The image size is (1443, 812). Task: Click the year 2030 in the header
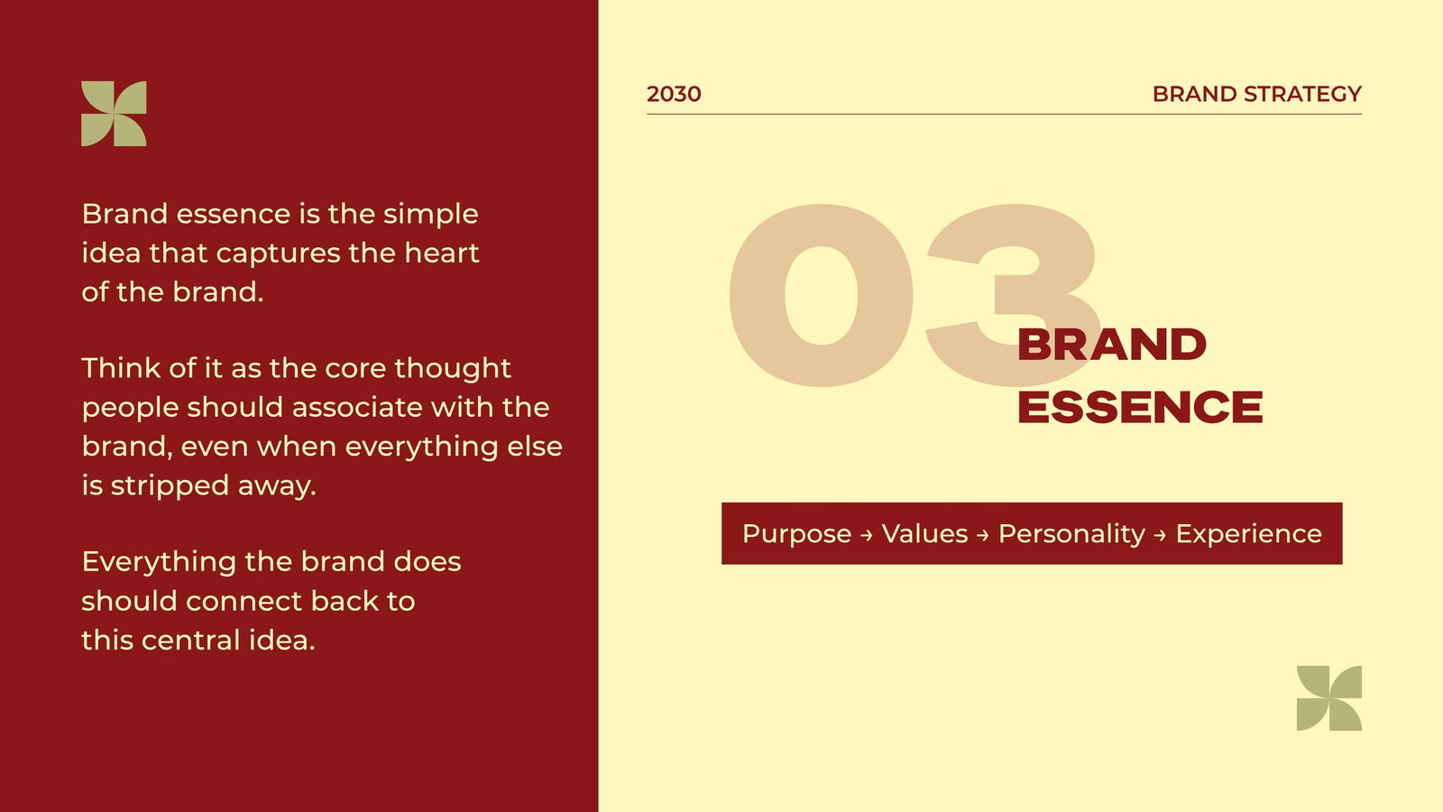click(673, 94)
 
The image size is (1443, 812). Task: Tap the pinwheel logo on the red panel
click(114, 114)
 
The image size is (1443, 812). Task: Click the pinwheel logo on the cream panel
click(1329, 698)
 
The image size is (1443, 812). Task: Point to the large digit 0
click(821, 295)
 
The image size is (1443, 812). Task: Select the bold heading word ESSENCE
click(1140, 407)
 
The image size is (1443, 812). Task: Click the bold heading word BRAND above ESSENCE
click(1111, 345)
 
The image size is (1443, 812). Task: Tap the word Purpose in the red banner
click(797, 534)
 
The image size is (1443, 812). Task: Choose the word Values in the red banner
click(924, 533)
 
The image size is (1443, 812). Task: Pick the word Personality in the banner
click(1071, 534)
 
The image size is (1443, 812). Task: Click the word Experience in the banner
click(1248, 534)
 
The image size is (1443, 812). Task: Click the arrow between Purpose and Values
click(867, 535)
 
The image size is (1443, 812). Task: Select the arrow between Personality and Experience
click(1160, 535)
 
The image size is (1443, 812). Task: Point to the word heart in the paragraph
click(441, 253)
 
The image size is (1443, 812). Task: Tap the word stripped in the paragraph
click(170, 486)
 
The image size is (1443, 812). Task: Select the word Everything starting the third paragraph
click(159, 562)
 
